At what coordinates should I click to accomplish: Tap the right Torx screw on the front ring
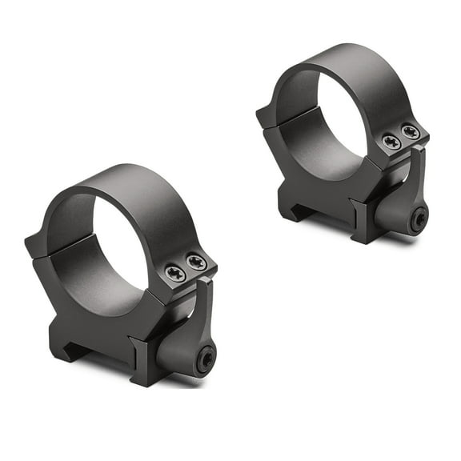[196, 263]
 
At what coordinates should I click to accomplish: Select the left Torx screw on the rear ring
[391, 142]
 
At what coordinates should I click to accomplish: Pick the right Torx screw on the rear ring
[411, 132]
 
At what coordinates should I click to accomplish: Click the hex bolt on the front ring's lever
[205, 360]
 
